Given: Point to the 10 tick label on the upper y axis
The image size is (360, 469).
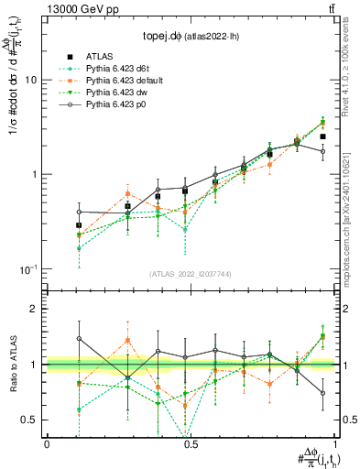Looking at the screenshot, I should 29,81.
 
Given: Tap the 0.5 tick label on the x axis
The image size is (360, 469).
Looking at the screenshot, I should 191,443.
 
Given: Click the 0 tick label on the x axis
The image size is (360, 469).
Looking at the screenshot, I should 47,443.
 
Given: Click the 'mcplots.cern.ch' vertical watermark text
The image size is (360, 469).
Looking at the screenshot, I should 349,220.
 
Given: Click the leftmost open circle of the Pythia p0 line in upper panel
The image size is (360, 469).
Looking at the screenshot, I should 79,212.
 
